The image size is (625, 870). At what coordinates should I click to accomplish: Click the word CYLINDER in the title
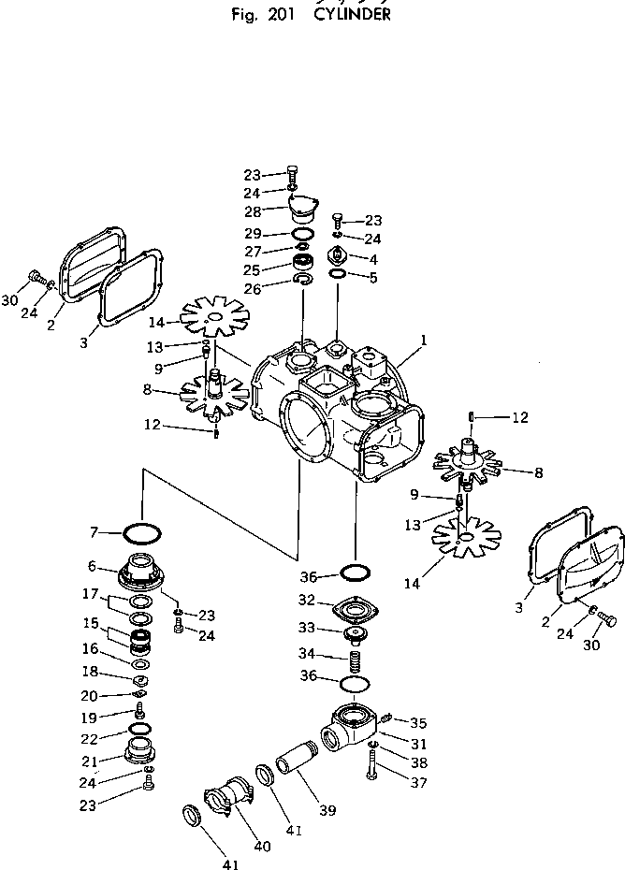352,15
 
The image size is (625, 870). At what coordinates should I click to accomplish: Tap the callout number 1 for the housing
423,342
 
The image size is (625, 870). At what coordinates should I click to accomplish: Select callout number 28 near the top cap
254,212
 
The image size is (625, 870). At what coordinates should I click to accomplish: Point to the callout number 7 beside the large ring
94,532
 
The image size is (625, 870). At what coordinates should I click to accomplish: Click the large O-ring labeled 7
138,535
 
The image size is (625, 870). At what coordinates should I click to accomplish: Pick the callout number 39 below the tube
327,810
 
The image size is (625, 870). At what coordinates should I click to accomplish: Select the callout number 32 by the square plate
306,600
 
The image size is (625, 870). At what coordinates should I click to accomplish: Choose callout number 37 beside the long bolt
419,782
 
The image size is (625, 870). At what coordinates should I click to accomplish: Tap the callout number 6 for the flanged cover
93,566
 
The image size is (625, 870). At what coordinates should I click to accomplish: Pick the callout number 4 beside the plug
373,258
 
